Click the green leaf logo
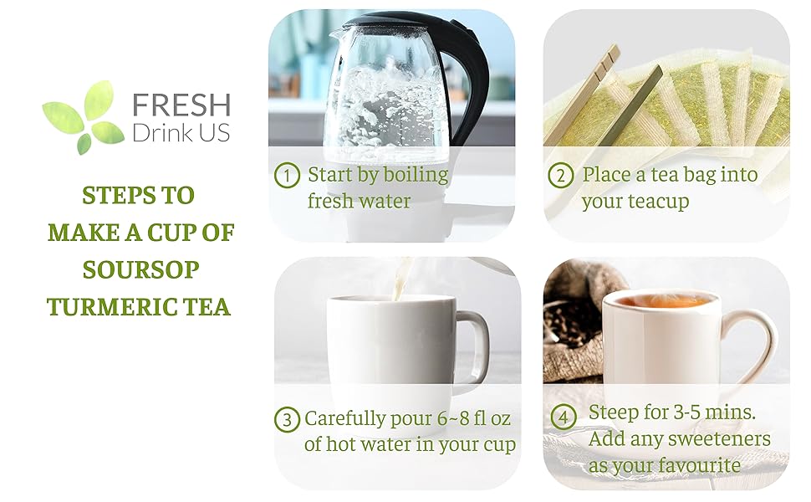(x=84, y=117)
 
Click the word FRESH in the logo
(x=181, y=105)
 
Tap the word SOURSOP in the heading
(x=140, y=269)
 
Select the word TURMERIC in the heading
(x=112, y=307)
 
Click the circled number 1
(x=287, y=176)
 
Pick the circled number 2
(x=561, y=176)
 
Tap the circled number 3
(x=287, y=419)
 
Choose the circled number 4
(x=564, y=417)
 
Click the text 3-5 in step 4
(x=687, y=412)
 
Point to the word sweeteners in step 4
(x=724, y=439)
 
